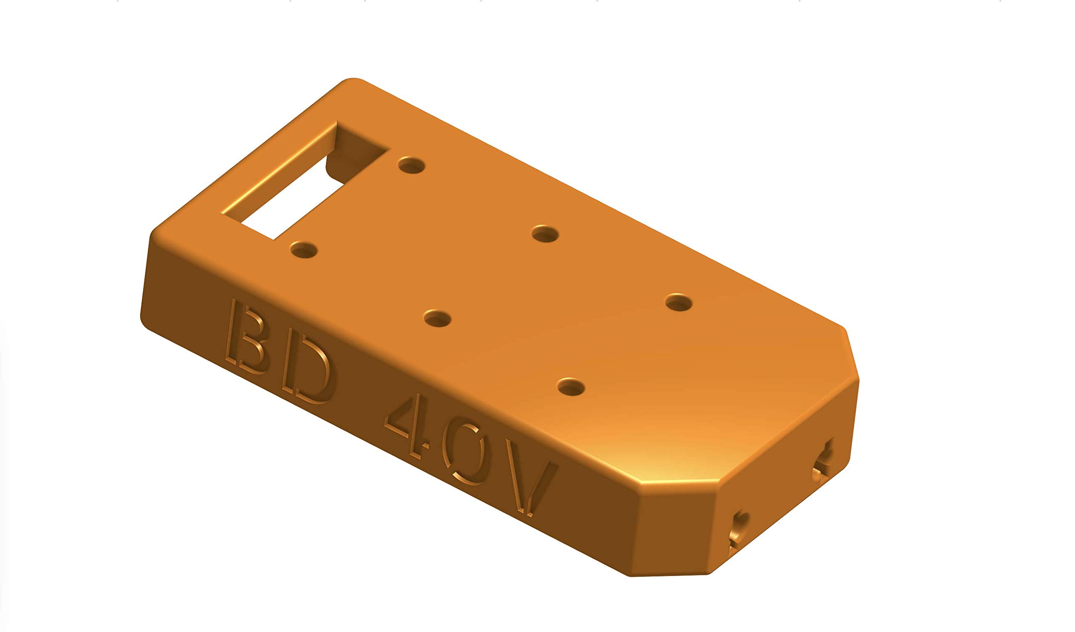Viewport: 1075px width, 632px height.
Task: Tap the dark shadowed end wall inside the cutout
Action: pos(356,152)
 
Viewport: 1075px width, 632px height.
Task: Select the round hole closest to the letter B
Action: pos(303,250)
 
